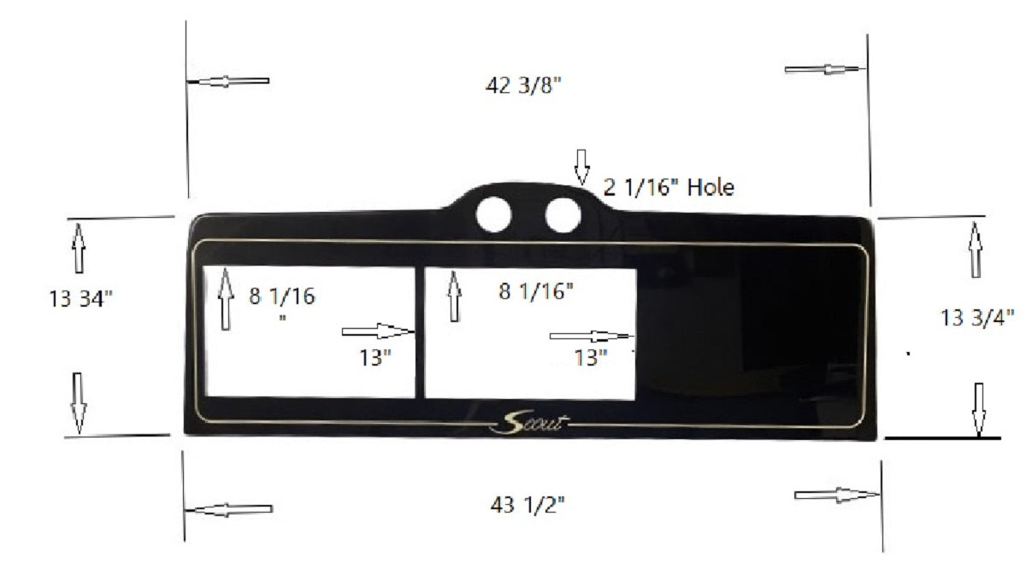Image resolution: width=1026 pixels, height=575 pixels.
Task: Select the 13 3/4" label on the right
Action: (x=977, y=317)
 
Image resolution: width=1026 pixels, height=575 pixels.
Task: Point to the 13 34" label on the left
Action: (x=81, y=298)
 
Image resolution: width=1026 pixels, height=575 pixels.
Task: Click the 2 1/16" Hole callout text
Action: (x=668, y=187)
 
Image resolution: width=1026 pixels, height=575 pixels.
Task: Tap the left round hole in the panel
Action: (x=493, y=214)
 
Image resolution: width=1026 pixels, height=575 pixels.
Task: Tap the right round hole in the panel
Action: (x=560, y=214)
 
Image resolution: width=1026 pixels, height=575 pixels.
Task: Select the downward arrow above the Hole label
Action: (x=581, y=167)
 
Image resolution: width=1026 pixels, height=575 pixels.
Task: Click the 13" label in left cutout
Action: (x=375, y=356)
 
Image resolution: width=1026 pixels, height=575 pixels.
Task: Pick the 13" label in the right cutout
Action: (x=590, y=356)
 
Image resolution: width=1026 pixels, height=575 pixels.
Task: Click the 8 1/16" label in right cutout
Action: (x=536, y=291)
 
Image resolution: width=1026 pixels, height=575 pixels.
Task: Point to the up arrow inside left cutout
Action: (x=226, y=298)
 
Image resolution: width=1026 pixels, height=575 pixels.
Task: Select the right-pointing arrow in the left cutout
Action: (x=377, y=331)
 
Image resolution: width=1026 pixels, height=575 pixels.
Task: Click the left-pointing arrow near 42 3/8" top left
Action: (x=229, y=81)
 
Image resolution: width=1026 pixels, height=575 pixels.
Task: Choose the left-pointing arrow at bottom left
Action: (x=229, y=510)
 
